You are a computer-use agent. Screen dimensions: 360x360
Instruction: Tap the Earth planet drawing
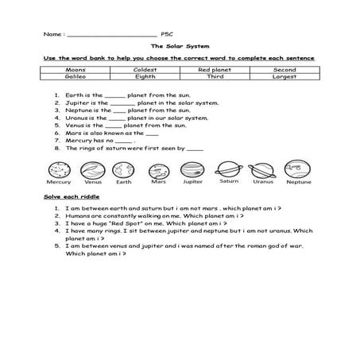point(122,169)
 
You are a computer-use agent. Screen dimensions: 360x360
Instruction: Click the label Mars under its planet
point(158,182)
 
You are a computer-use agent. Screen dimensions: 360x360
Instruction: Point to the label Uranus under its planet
point(262,181)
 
